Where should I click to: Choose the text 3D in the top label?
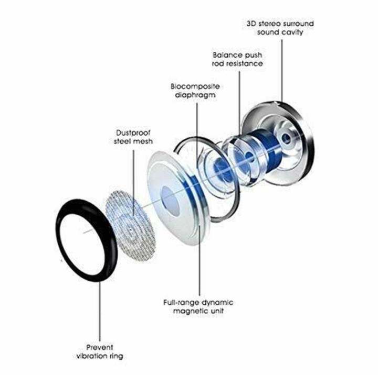click(251, 23)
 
